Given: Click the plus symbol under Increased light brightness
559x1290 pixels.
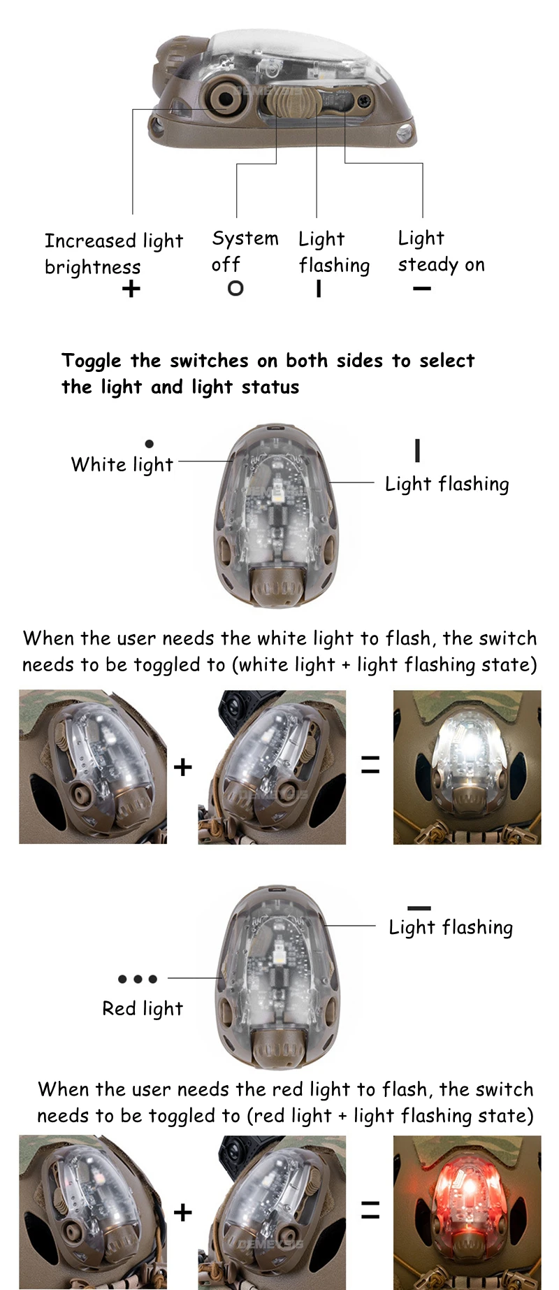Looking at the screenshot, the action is tap(131, 289).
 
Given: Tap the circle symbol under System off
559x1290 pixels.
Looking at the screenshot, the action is tap(235, 287).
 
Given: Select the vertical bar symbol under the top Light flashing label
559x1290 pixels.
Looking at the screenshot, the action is tap(319, 288).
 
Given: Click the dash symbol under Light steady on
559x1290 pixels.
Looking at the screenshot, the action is tap(422, 288).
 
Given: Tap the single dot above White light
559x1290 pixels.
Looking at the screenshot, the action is tap(149, 443).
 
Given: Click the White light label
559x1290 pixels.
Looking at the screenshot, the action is tap(122, 465).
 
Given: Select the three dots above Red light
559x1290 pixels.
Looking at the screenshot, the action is tap(138, 979).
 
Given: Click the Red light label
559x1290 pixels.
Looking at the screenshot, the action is tap(143, 1009).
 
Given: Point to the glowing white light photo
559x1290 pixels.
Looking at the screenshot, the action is tap(467, 767).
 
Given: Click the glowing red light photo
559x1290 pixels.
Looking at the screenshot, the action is tap(467, 1212).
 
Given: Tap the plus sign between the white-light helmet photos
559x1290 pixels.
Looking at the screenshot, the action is tap(183, 767).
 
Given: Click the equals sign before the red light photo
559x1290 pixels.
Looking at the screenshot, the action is tap(370, 1210).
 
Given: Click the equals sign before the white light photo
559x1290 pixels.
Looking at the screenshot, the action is tap(370, 765).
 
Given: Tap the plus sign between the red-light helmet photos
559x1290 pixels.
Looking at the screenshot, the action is tap(183, 1212).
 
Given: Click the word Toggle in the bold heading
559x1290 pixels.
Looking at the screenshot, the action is tap(92, 361).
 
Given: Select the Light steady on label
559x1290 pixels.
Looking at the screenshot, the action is tap(442, 251).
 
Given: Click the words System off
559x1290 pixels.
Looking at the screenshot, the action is tap(245, 252).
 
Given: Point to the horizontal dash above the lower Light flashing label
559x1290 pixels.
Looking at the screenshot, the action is tap(419, 908).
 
